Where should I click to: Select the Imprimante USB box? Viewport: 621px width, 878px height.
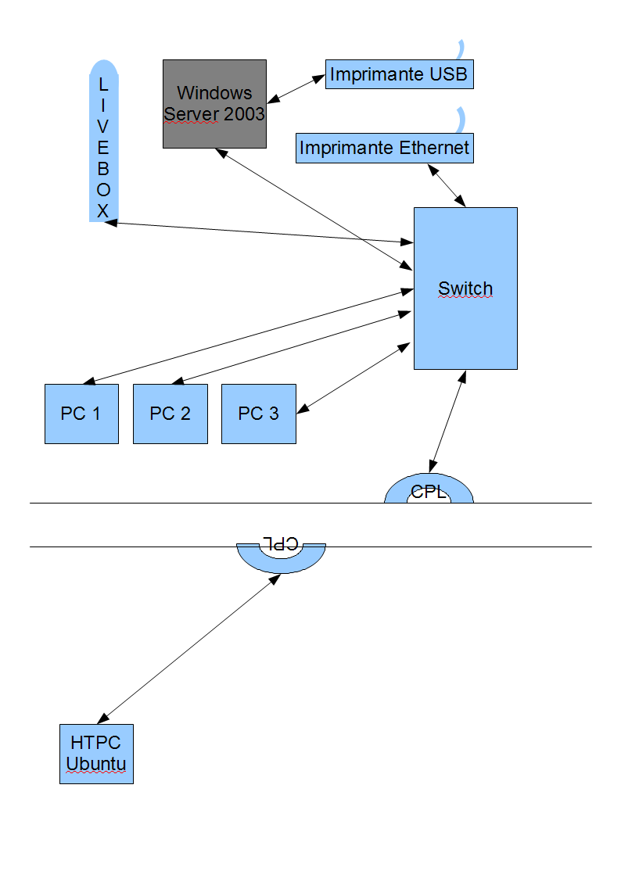(x=399, y=74)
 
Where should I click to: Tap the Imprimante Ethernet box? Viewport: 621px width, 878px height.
(x=384, y=148)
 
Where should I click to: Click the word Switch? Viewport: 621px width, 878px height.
(x=465, y=288)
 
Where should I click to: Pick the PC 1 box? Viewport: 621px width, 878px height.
(x=81, y=414)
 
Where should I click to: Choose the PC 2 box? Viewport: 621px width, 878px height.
(x=170, y=414)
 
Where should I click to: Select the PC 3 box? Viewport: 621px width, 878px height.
(x=258, y=414)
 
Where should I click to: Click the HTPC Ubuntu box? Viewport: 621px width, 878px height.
(x=96, y=754)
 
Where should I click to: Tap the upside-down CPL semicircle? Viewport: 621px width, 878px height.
(x=281, y=557)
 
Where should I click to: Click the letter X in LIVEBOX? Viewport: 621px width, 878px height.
(x=103, y=210)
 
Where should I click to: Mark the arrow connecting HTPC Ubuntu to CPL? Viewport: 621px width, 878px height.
(x=188, y=647)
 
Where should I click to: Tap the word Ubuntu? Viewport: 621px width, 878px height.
(x=96, y=764)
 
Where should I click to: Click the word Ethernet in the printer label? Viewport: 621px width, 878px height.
(x=434, y=148)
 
